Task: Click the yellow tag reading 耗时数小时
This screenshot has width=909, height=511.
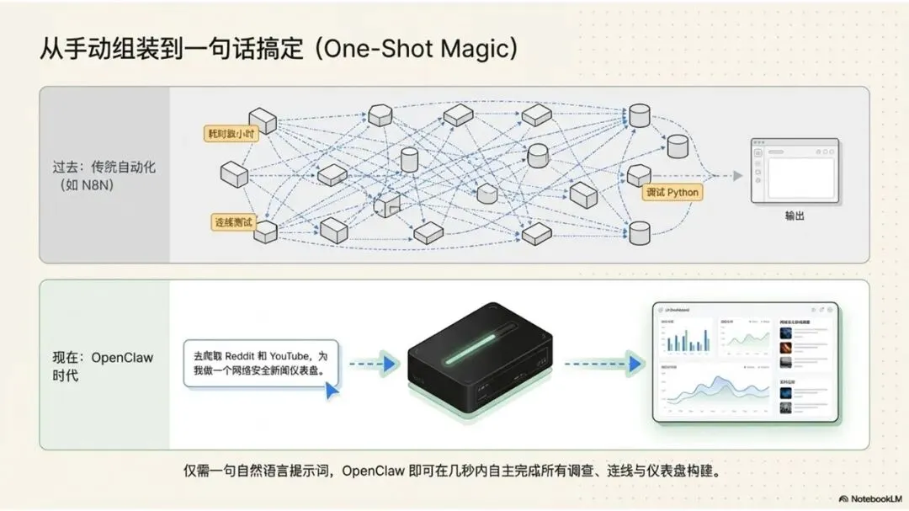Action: pos(231,133)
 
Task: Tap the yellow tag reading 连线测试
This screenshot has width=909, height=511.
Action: pos(233,221)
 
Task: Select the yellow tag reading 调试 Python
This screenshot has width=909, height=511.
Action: pos(672,192)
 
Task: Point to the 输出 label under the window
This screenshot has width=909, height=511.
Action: pos(795,216)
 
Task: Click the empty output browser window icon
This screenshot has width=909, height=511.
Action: pos(795,170)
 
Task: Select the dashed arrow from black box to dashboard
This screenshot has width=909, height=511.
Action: pos(598,364)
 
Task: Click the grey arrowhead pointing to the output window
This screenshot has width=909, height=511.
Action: pos(737,175)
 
